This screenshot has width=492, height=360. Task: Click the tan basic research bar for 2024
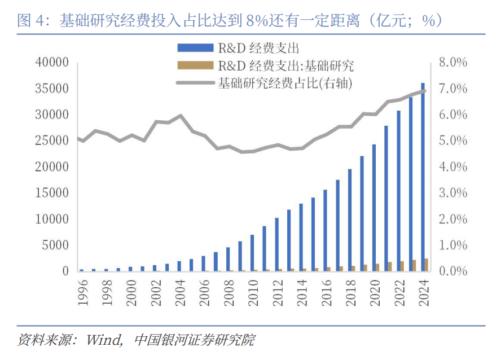[x=427, y=265]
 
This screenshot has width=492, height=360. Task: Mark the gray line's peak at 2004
[x=180, y=116]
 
